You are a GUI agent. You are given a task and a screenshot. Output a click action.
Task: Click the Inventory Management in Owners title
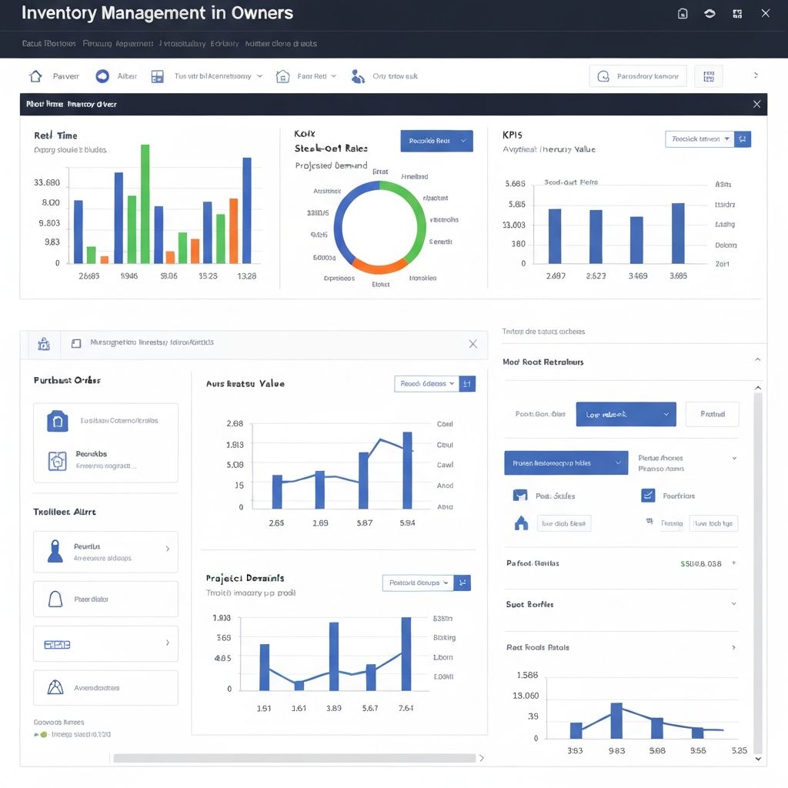coord(157,14)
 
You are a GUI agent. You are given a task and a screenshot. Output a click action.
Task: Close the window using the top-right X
coord(764,13)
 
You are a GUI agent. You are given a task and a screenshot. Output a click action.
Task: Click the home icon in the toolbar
coord(35,76)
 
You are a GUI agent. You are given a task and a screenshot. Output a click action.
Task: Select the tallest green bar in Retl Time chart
coord(145,204)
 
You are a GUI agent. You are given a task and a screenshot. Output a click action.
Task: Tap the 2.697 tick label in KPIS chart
coord(555,275)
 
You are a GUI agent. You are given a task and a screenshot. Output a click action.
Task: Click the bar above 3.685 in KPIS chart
coord(678,233)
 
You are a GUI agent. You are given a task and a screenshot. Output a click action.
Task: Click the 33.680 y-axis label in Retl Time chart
coord(47,183)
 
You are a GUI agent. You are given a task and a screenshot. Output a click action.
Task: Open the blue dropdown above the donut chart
coord(436,141)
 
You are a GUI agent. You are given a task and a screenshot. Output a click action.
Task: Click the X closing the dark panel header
coord(756,104)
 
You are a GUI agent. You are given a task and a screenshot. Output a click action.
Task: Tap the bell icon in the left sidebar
coord(55,599)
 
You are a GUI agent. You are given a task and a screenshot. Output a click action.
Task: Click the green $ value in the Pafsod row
coord(700,563)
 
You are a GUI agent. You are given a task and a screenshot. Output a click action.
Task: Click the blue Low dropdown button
coord(626,414)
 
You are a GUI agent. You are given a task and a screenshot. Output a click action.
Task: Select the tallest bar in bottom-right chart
coord(616,720)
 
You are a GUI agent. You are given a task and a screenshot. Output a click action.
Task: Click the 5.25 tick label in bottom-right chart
coord(738,750)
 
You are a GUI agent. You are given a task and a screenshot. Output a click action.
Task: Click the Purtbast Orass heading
coord(67,380)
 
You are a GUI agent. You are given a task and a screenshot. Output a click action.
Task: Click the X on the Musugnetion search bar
coord(472,344)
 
